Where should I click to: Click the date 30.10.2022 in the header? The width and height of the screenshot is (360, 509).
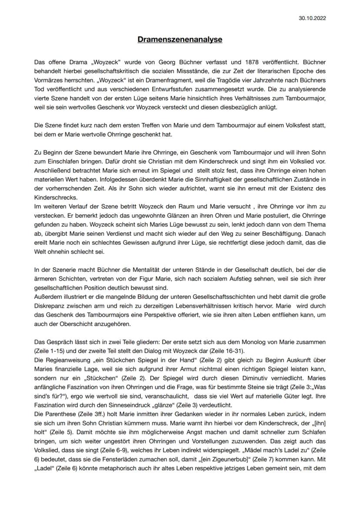tap(312, 18)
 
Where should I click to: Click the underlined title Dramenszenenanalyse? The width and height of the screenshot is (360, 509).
tap(180, 40)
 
